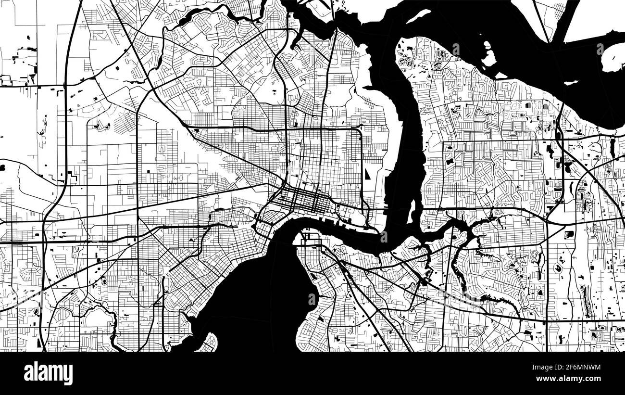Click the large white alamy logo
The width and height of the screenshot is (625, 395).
(48, 373)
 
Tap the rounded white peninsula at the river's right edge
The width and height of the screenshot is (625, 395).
(613, 58)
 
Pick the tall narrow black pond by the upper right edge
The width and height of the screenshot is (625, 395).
(612, 147)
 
